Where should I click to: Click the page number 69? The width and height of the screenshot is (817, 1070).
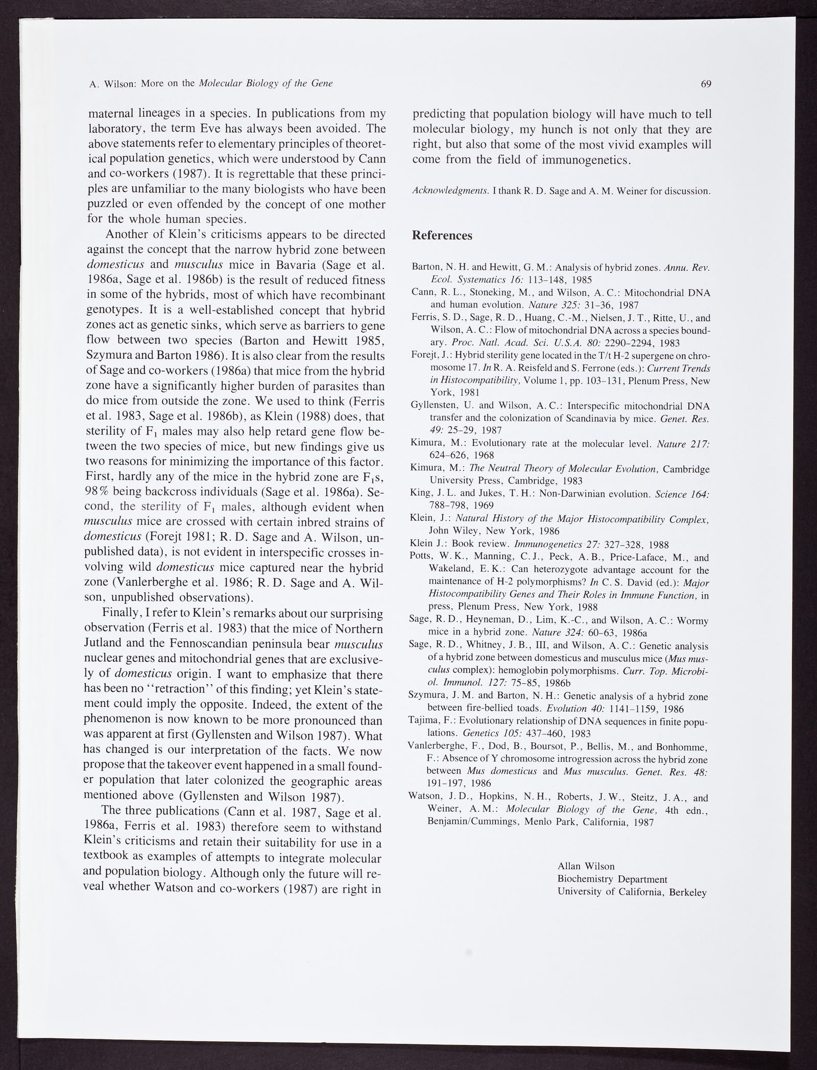coord(706,84)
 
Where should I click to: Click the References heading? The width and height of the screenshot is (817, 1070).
coord(442,236)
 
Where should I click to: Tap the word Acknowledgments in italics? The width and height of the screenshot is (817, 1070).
coord(450,191)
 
